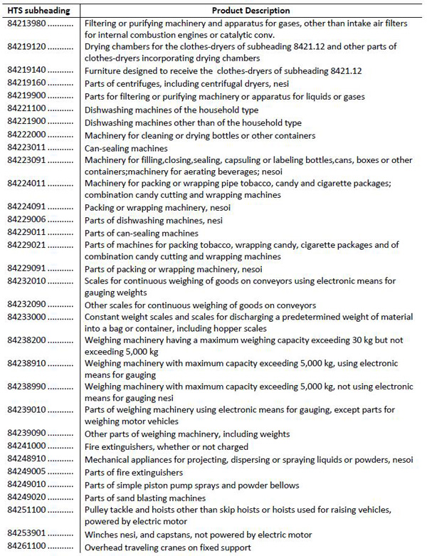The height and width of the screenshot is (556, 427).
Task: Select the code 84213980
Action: coord(26,23)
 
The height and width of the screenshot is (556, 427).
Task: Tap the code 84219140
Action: coord(26,70)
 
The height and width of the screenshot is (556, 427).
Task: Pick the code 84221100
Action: coord(26,110)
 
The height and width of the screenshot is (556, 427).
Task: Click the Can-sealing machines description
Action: coord(126,148)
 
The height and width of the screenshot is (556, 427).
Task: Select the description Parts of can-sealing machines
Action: coord(142,233)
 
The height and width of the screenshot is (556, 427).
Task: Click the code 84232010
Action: coord(26,281)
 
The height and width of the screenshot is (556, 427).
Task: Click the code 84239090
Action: coord(26,434)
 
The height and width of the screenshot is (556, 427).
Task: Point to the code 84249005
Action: coord(26,472)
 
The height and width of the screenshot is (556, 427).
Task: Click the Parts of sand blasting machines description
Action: coord(145,498)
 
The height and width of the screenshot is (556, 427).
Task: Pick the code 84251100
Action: coord(26,510)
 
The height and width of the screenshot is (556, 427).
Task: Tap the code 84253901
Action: coord(26,535)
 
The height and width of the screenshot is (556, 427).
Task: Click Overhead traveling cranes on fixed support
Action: coord(168,547)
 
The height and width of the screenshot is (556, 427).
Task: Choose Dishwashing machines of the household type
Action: coord(172,110)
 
